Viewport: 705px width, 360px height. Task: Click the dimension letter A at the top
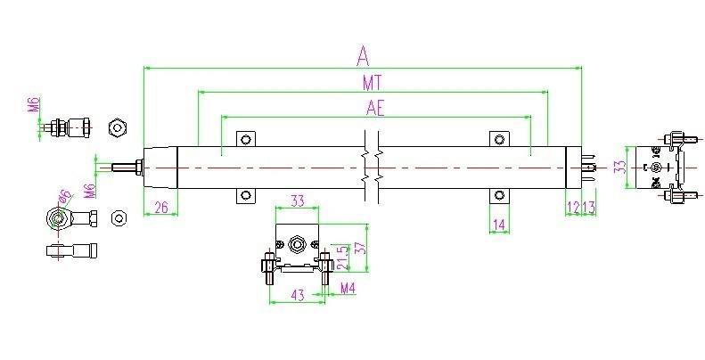pos(363,56)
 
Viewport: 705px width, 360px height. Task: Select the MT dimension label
pos(373,83)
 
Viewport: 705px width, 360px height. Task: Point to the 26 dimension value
pos(160,207)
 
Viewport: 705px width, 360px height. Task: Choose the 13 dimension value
pos(589,207)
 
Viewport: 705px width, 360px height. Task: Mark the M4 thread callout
pos(348,287)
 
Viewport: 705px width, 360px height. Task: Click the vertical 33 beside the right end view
pos(619,166)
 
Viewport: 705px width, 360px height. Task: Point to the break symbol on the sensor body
pos(371,167)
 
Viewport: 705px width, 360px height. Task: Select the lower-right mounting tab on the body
pos(497,195)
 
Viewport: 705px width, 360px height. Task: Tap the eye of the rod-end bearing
pos(55,217)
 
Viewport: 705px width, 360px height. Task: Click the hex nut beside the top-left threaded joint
pos(117,127)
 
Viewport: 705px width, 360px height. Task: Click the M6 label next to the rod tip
pos(88,190)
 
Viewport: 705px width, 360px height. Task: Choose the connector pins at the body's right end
pos(589,167)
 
